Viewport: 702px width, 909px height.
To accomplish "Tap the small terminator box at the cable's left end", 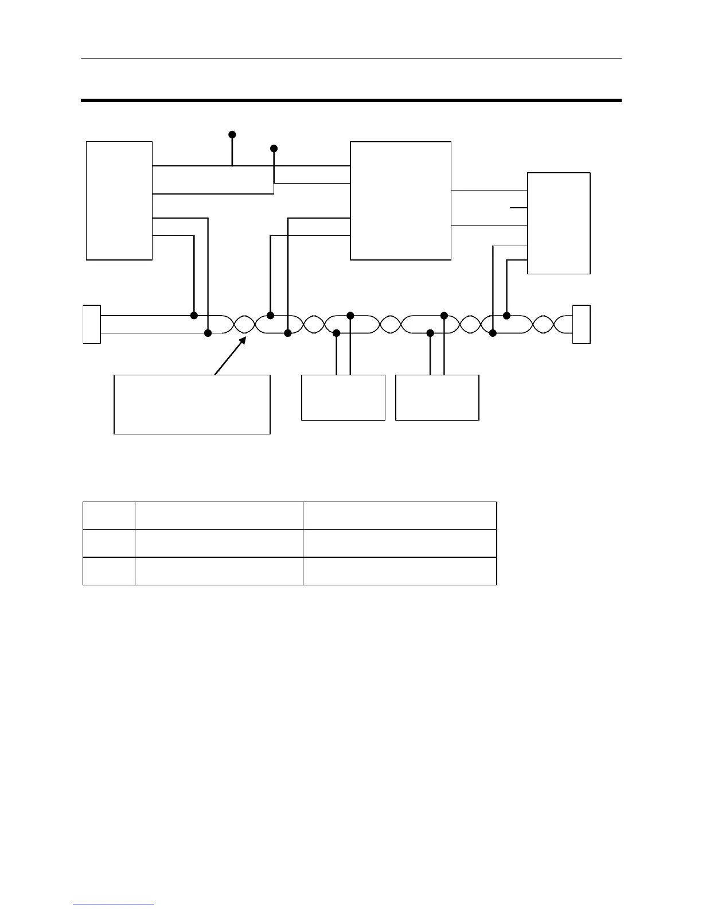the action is tap(92, 324).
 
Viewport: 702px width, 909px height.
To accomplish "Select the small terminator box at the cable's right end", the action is tap(581, 324).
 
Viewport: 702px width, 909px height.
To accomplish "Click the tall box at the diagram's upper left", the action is tap(119, 200).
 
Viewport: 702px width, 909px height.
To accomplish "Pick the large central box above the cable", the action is tap(400, 200).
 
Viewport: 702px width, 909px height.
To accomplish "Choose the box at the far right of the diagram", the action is tap(559, 223).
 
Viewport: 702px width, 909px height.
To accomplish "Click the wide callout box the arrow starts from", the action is tap(192, 404).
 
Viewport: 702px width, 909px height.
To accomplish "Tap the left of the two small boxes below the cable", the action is tap(343, 398).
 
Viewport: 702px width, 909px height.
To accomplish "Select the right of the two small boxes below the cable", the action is tap(437, 398).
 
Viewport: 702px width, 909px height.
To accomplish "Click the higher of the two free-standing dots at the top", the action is tap(232, 134).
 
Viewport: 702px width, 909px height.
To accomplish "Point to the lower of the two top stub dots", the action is tap(274, 149).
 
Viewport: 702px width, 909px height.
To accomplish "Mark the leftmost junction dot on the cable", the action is tap(194, 316).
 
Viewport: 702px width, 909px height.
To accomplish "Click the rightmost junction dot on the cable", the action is tap(507, 315).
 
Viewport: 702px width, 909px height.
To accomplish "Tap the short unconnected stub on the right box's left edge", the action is tap(518, 207).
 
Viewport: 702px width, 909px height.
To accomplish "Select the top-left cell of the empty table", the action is tap(109, 515).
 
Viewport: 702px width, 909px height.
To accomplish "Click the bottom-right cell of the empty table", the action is tap(399, 571).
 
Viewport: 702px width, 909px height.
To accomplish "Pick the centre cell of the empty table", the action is tap(219, 543).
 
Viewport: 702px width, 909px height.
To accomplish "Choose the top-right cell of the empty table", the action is tap(399, 515).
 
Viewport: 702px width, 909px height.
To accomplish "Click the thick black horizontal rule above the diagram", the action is tap(351, 100).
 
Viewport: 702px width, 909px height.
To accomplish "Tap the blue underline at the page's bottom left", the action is tap(114, 904).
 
